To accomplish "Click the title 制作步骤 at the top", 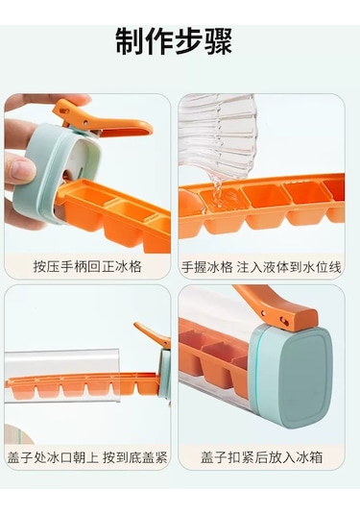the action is click(174, 41).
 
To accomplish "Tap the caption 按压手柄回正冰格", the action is click(87, 266).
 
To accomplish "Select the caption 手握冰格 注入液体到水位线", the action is click(261, 267).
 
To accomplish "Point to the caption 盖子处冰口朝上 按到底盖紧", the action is click(87, 457).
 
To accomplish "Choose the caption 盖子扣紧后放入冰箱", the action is click(262, 457).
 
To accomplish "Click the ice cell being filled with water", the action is click(220, 201).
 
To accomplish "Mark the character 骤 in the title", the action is click(219, 41).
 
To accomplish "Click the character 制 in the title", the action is click(130, 41).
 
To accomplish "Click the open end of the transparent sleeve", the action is click(119, 376).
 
